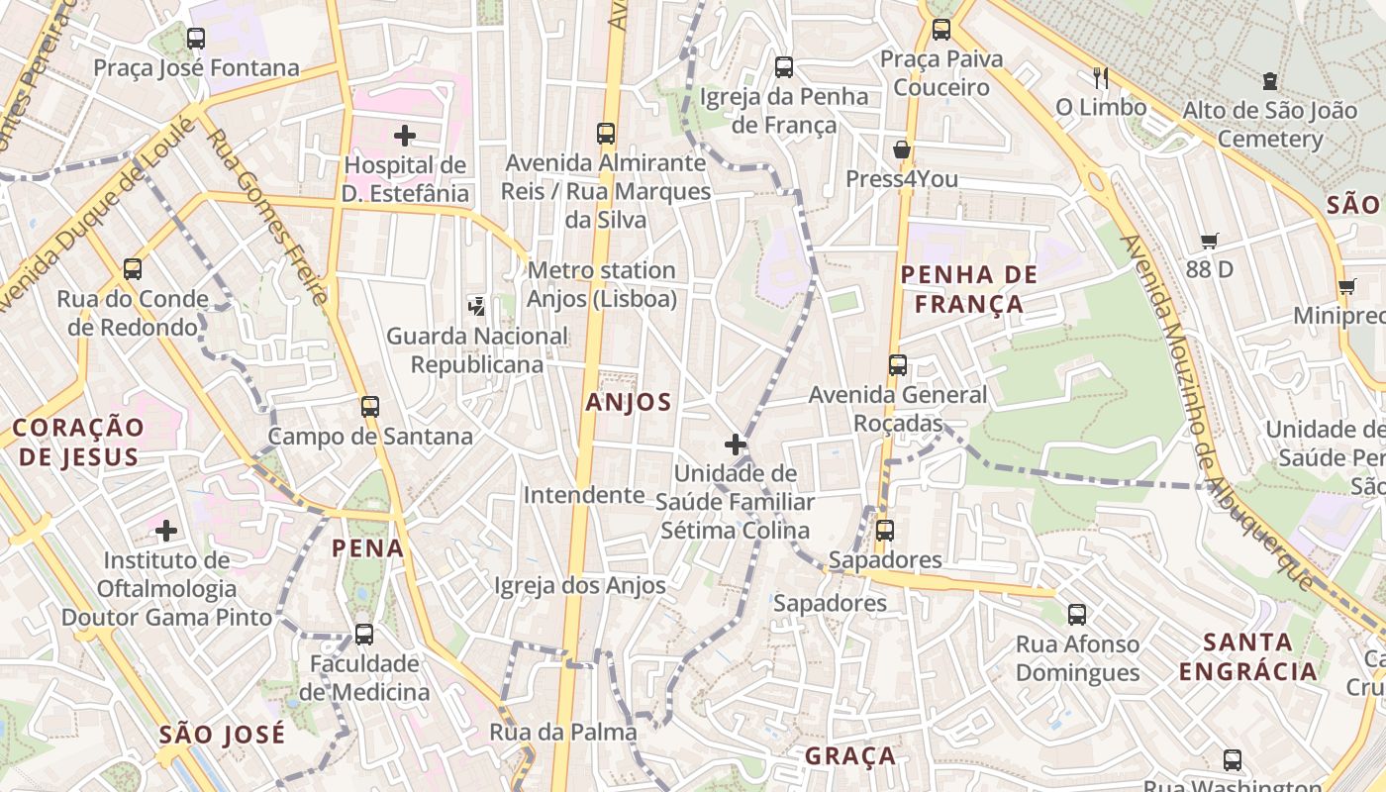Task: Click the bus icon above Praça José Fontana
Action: click(x=196, y=39)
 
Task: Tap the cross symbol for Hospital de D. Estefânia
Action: click(x=404, y=136)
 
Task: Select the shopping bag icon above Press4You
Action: click(x=902, y=150)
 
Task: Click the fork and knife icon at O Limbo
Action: click(x=1100, y=77)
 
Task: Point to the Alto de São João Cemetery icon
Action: click(x=1270, y=81)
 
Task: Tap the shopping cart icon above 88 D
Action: click(x=1209, y=241)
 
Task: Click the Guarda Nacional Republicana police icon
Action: click(x=477, y=306)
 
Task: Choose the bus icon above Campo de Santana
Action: click(x=370, y=407)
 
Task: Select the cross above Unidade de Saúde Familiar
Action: click(x=735, y=444)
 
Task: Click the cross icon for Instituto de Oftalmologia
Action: click(x=166, y=531)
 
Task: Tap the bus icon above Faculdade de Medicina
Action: click(x=364, y=634)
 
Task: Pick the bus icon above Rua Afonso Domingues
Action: click(x=1077, y=615)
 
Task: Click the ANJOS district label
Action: click(x=629, y=403)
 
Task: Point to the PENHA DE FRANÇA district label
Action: click(x=969, y=289)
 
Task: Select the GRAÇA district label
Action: click(x=850, y=756)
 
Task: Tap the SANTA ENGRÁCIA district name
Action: click(x=1248, y=657)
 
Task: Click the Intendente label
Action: click(x=584, y=495)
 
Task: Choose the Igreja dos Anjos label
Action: click(x=580, y=585)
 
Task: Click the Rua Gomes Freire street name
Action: click(x=267, y=217)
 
